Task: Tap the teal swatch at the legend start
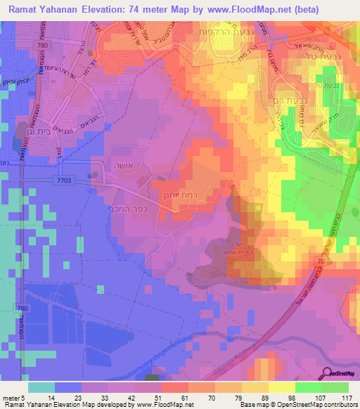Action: pos(41,387)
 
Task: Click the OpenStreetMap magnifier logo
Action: pos(328,375)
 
